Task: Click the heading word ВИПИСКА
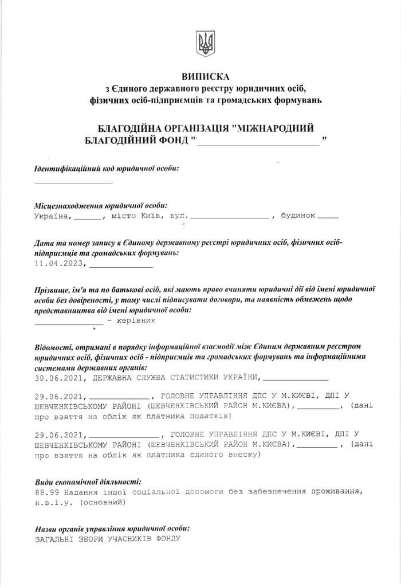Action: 204,76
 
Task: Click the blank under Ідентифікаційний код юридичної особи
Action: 73,181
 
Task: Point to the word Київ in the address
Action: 150,217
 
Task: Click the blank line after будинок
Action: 328,217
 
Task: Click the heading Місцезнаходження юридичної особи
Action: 101,205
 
